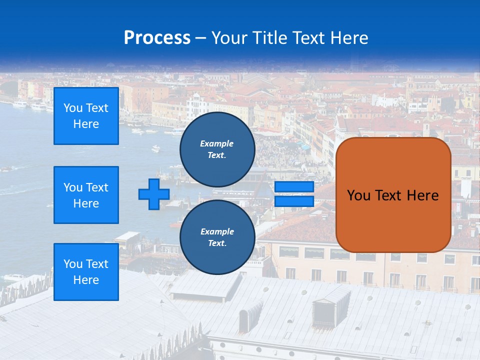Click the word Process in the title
click(x=157, y=38)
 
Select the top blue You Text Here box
click(x=86, y=116)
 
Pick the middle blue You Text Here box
click(x=86, y=195)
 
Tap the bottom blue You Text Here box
click(x=86, y=272)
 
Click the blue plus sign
click(x=154, y=194)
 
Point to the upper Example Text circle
click(x=217, y=149)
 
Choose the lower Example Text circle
click(x=217, y=237)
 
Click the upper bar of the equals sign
click(x=294, y=187)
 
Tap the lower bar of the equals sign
click(x=294, y=201)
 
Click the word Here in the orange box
click(x=422, y=195)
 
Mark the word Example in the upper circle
click(x=217, y=143)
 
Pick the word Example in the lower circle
click(x=217, y=231)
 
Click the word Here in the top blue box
click(x=86, y=124)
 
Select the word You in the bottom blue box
click(x=73, y=264)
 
